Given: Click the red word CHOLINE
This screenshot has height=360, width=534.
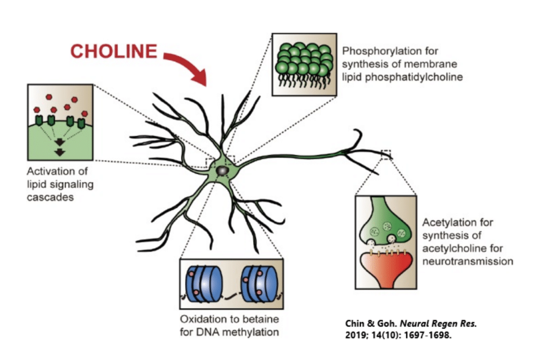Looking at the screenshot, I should [x=113, y=52].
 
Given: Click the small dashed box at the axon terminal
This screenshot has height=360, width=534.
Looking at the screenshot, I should [x=386, y=154].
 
